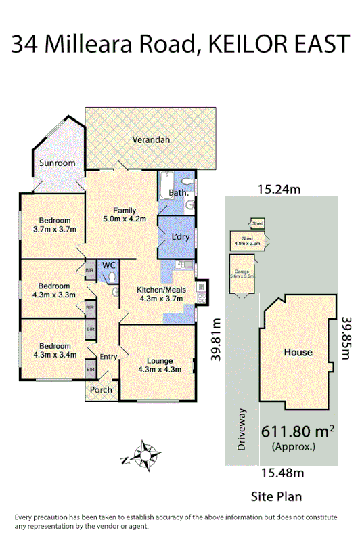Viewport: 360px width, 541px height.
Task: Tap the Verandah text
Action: point(151,140)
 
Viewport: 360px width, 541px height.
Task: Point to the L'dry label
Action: point(179,237)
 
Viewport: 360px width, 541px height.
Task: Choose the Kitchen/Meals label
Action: point(157,294)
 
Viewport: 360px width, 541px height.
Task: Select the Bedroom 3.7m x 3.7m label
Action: point(54,224)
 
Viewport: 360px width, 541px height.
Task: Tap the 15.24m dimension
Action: point(278,190)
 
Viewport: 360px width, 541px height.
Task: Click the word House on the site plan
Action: point(298,352)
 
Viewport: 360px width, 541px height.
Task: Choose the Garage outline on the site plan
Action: point(242,274)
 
